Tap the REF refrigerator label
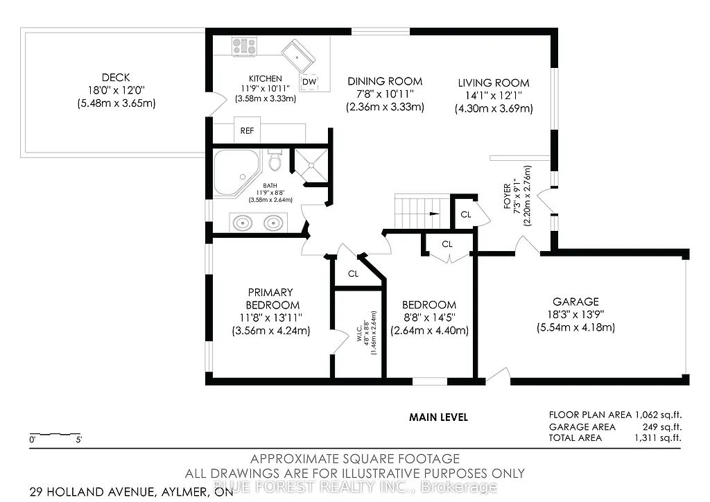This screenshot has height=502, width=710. pyautogui.click(x=246, y=131)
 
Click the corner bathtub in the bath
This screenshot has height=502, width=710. pyautogui.click(x=234, y=171)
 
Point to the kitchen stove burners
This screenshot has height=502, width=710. pyautogui.click(x=244, y=46)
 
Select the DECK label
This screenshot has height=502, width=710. pyautogui.click(x=115, y=78)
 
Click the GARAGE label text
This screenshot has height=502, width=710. pyautogui.click(x=575, y=302)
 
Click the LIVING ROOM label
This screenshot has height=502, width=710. pyautogui.click(x=493, y=83)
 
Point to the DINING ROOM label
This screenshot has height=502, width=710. pyautogui.click(x=385, y=82)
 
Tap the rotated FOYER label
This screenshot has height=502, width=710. pyautogui.click(x=507, y=197)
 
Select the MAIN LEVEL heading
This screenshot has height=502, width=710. pyautogui.click(x=438, y=417)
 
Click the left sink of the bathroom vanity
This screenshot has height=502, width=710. pyautogui.click(x=243, y=223)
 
